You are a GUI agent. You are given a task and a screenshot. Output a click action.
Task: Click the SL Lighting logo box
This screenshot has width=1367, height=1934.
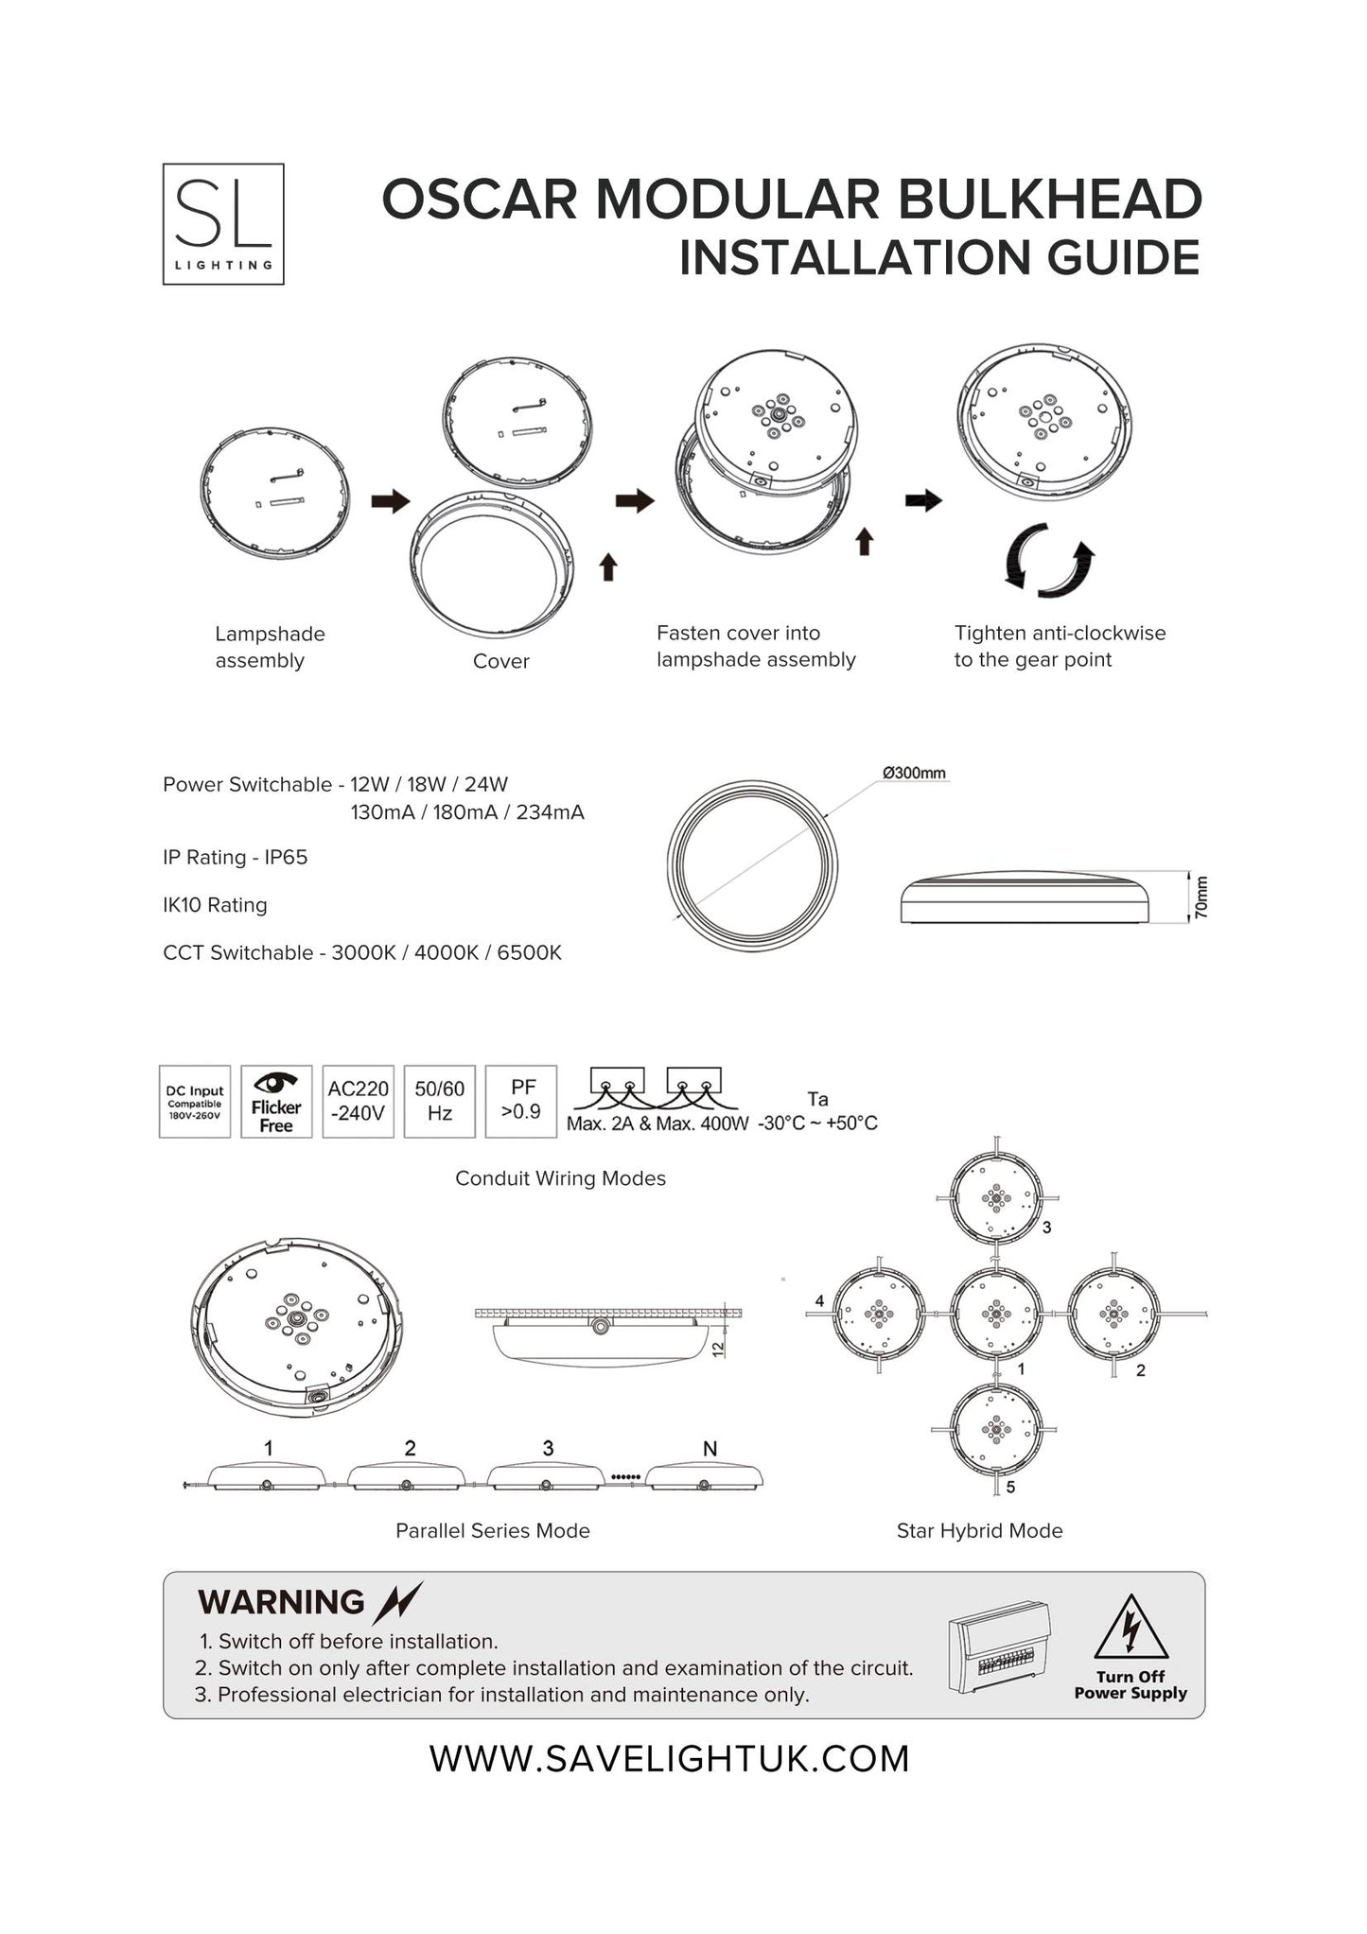[x=223, y=224]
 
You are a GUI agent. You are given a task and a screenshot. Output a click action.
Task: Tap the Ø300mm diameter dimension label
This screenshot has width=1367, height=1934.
[x=914, y=774]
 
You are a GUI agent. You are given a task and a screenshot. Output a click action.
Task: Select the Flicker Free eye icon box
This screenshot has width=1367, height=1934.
[x=276, y=1102]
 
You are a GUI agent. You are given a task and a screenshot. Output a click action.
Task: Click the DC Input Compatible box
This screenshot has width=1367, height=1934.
[x=195, y=1102]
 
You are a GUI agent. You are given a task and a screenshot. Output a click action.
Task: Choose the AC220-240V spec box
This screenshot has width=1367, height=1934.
[x=358, y=1102]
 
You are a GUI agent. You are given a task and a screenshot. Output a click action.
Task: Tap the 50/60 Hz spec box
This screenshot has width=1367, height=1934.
[x=439, y=1102]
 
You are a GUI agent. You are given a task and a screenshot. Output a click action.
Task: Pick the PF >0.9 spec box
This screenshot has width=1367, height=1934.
[x=521, y=1102]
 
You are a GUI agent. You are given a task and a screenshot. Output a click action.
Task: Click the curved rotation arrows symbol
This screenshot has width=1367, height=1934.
[x=1048, y=561]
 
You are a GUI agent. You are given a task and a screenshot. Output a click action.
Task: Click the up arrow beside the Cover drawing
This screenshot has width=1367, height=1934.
[x=608, y=566]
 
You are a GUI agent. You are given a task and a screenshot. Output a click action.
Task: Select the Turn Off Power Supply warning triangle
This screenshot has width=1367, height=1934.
[x=1130, y=1629]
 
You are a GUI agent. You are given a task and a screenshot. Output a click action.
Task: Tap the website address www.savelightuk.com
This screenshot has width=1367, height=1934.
[x=669, y=1759]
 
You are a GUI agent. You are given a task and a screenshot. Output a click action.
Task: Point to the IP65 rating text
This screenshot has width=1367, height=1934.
[x=286, y=858]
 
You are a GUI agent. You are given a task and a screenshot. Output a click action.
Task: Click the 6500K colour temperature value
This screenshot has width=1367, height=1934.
[x=529, y=953]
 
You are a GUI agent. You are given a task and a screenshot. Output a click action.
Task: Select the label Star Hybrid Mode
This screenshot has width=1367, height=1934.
[x=979, y=1530]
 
